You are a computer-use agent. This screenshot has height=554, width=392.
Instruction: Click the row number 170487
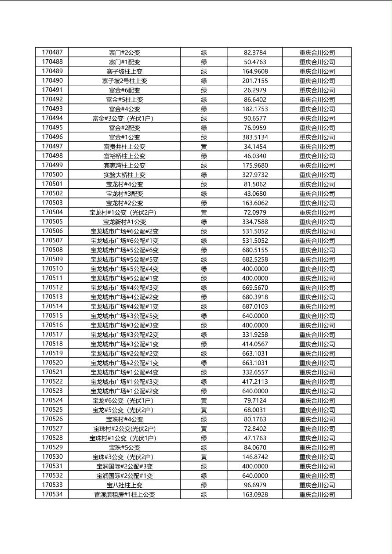tap(52, 52)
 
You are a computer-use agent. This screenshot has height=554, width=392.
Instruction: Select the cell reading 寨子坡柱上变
tap(124, 71)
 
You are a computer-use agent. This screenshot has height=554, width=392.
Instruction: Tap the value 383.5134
tap(255, 137)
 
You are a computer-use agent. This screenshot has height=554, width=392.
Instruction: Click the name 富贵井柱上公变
tap(124, 147)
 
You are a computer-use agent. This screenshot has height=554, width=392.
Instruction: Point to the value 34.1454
tap(255, 147)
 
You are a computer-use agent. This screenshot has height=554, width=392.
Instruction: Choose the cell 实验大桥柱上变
tap(124, 175)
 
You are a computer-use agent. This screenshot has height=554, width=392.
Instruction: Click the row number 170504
tap(52, 212)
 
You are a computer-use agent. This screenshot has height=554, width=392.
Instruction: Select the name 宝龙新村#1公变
tap(124, 222)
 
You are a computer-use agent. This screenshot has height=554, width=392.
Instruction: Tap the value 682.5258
tap(255, 259)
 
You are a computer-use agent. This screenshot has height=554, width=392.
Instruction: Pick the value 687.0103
tap(255, 306)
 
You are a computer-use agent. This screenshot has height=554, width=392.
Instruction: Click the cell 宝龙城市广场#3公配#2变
tap(124, 335)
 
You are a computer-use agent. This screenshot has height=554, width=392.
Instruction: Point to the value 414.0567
tap(255, 344)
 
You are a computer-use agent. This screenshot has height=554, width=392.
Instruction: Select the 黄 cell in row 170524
tap(204, 400)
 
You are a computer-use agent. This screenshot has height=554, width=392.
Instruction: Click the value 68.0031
tap(255, 410)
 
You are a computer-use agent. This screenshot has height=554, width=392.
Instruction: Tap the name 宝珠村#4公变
tap(124, 419)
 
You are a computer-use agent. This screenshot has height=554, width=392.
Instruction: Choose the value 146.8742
tap(255, 457)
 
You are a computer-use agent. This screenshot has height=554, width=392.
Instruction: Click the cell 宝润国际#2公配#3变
tap(124, 466)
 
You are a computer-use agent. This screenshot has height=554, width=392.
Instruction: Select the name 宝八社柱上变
tap(124, 485)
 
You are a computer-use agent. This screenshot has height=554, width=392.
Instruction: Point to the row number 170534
tap(52, 494)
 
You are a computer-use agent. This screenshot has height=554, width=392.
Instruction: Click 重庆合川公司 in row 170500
tap(317, 175)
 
